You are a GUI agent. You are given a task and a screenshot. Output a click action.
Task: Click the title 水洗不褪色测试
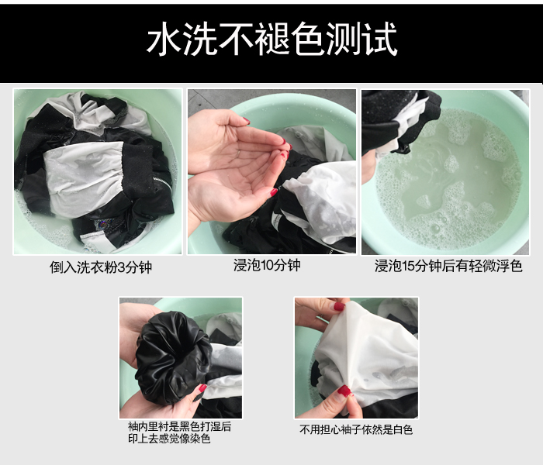point(272,39)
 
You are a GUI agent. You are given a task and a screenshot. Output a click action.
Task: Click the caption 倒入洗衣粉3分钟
point(101,267)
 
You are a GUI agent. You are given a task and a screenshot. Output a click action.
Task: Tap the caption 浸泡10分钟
point(267,265)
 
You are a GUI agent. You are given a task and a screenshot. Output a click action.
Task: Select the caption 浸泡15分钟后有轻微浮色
point(448,266)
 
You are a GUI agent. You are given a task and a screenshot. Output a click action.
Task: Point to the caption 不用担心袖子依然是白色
point(356,429)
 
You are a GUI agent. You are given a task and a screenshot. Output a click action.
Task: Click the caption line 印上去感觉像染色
point(169,439)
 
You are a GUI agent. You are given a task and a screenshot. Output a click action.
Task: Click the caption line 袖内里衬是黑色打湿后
point(179,426)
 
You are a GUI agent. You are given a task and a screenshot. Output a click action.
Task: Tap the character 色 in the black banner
point(308,39)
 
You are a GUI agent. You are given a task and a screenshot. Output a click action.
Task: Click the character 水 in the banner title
point(164,39)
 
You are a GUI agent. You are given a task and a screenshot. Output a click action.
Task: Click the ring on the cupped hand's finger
point(239,152)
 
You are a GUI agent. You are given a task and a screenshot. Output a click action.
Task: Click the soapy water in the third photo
point(450,180)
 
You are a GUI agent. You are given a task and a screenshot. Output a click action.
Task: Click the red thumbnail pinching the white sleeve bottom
point(344,391)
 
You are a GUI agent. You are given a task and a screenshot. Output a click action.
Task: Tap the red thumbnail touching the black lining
point(202,387)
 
